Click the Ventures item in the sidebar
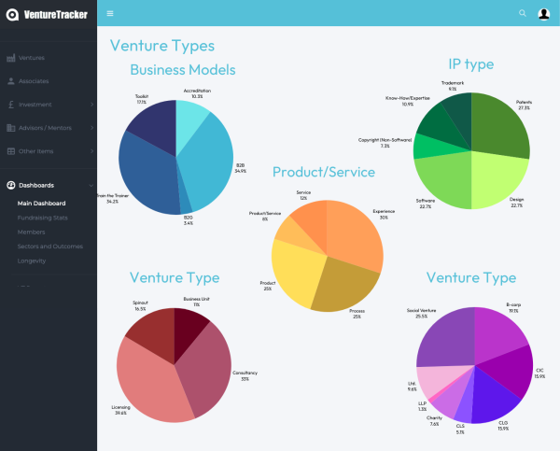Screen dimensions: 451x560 click(x=32, y=58)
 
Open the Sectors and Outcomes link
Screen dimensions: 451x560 click(x=50, y=247)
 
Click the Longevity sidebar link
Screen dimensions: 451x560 click(x=32, y=261)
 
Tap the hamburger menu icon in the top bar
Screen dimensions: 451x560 click(x=110, y=13)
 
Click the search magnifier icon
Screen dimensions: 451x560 click(x=523, y=13)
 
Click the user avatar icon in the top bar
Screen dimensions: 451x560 click(x=544, y=13)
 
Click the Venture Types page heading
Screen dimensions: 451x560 click(x=161, y=46)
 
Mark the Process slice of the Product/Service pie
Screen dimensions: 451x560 click(x=344, y=285)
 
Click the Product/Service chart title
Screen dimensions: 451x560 click(x=323, y=173)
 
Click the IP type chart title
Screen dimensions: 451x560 click(x=470, y=64)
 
